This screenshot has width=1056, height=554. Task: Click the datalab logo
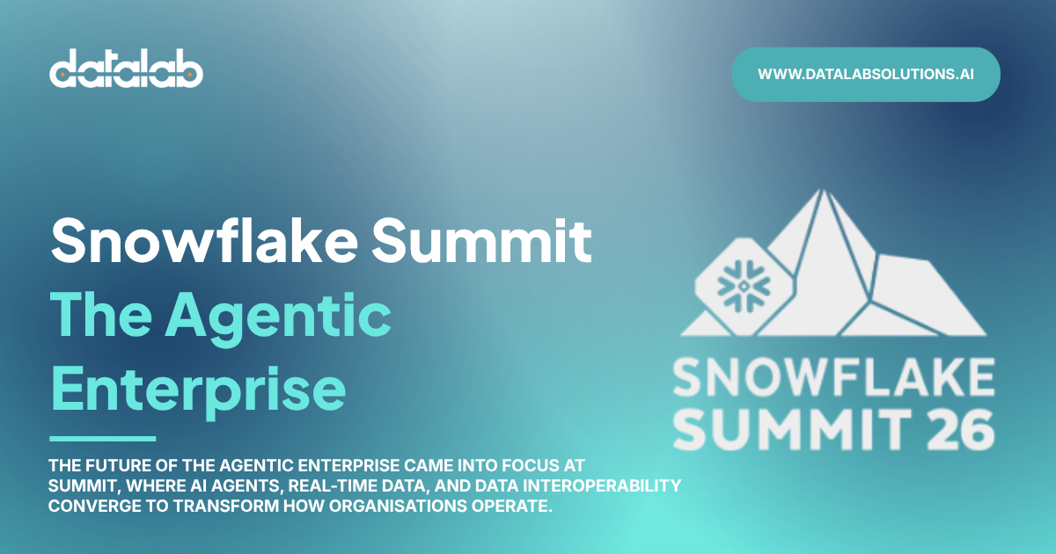(x=126, y=69)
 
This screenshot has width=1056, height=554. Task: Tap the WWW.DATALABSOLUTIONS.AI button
(x=866, y=75)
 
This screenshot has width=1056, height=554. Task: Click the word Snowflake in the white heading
(x=204, y=241)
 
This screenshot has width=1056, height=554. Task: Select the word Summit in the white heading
(x=482, y=241)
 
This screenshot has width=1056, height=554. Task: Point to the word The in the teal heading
(x=101, y=314)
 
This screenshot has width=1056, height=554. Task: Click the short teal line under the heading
(x=103, y=439)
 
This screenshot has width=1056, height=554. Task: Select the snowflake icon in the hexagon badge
(x=744, y=286)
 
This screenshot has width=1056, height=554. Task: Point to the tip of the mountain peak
(x=823, y=190)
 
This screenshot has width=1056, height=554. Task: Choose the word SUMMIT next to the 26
(x=792, y=430)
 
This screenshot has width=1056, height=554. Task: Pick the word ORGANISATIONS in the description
(x=398, y=506)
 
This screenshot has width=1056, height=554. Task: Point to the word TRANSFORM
(x=226, y=506)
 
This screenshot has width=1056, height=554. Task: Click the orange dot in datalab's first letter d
(x=62, y=75)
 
